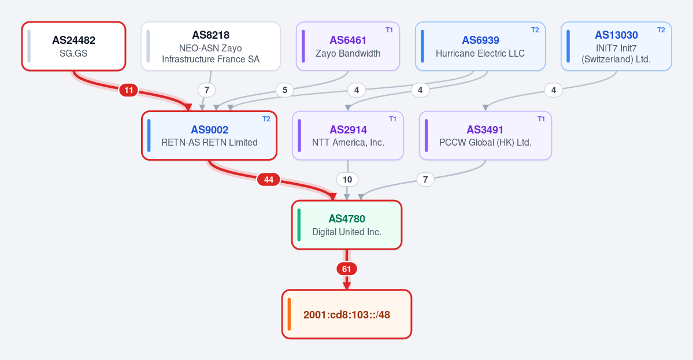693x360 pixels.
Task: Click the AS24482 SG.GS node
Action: [74, 46]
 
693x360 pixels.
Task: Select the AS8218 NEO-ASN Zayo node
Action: [211, 46]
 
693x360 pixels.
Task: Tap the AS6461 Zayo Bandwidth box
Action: [348, 46]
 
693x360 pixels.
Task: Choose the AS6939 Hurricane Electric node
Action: [480, 46]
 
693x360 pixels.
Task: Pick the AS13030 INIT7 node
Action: [616, 46]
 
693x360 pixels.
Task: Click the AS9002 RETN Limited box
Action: [209, 135]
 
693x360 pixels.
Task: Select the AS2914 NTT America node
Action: [348, 135]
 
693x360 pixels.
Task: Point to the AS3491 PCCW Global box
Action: [486, 135]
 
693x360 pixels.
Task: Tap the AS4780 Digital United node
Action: [347, 225]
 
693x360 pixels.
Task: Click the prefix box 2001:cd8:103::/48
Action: [347, 314]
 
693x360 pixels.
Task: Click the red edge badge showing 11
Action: [129, 90]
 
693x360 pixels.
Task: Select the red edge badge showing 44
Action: [269, 179]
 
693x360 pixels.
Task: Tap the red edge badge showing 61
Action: [347, 269]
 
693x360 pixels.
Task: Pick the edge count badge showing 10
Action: [347, 179]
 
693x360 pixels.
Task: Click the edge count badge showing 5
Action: [284, 90]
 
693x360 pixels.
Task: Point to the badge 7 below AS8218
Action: [206, 90]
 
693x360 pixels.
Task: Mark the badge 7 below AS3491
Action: [425, 179]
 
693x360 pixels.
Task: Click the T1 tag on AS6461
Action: [389, 30]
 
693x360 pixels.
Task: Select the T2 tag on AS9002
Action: [266, 119]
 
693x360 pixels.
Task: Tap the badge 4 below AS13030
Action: [553, 90]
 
